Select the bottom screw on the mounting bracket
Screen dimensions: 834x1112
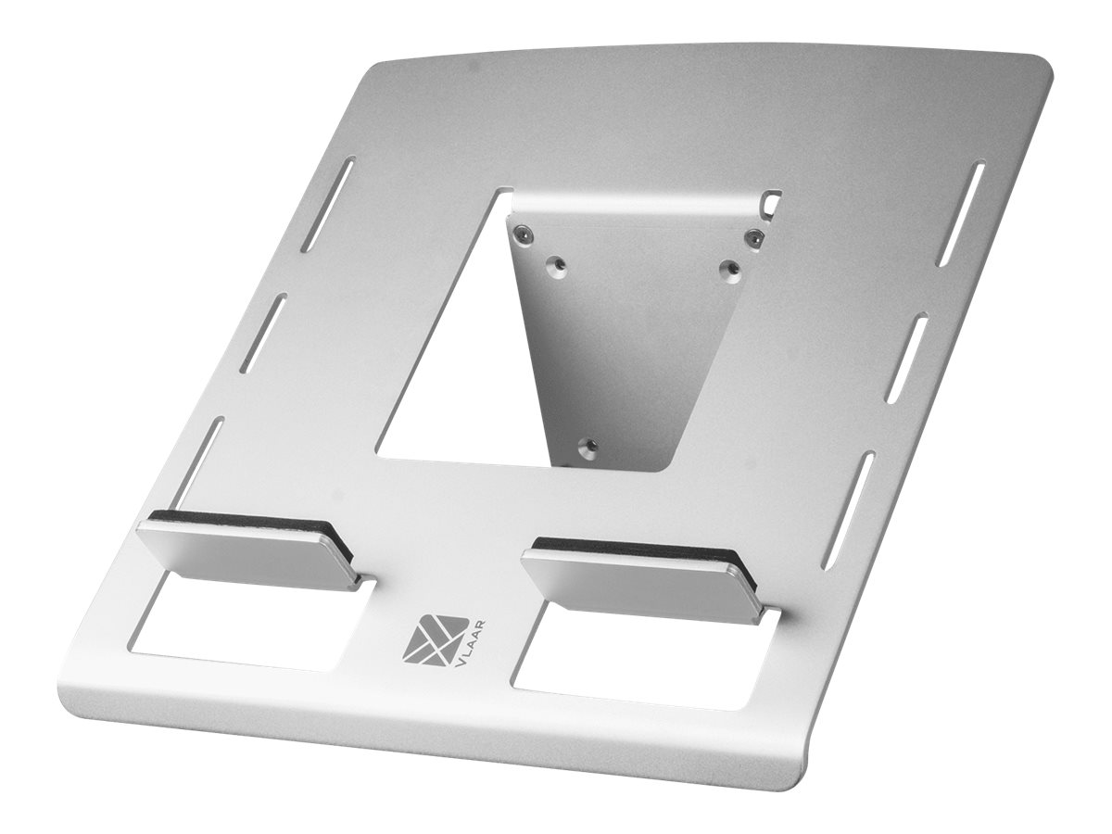pos(585,447)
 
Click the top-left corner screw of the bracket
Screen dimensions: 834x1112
pos(525,235)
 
